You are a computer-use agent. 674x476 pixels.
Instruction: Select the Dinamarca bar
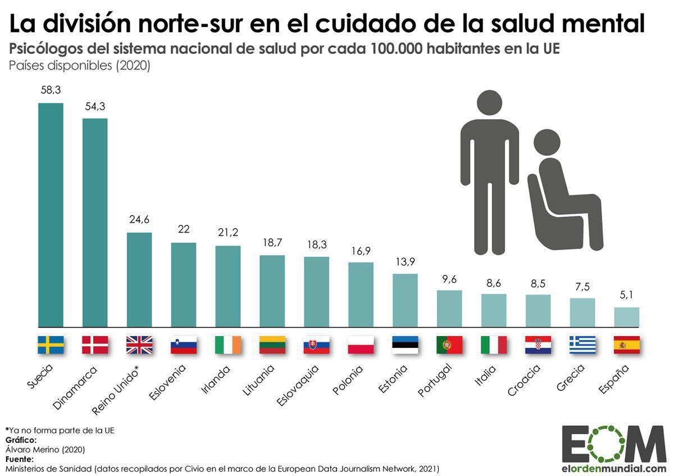(x=95, y=222)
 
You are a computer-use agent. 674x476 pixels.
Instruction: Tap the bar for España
(x=626, y=316)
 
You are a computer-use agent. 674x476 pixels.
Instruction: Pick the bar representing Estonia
(x=405, y=300)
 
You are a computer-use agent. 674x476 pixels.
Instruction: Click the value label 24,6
(x=139, y=220)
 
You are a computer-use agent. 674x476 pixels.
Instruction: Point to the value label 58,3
(x=51, y=90)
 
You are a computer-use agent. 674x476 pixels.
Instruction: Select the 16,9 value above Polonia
(x=361, y=250)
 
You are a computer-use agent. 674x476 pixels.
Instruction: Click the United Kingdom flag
(x=139, y=344)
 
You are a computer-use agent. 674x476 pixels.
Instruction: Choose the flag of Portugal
(x=449, y=344)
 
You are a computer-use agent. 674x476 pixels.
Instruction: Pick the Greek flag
(x=582, y=344)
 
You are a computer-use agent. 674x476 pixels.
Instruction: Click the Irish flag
(x=227, y=344)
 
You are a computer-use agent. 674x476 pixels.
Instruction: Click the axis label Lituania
(x=259, y=380)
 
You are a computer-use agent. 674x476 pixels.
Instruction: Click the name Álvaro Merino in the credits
(x=31, y=449)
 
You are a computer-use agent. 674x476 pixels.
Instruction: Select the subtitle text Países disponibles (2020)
(x=79, y=65)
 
